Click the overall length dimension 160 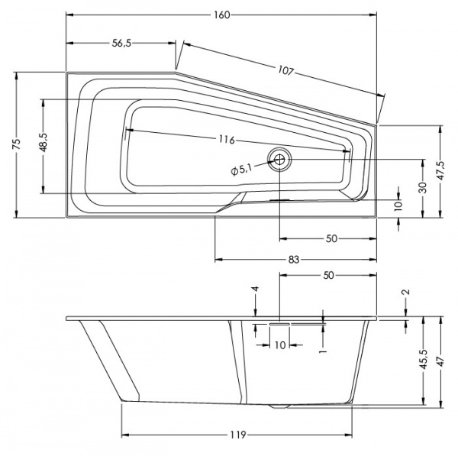click(222, 15)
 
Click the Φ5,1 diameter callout click(241, 170)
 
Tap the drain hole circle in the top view click(279, 159)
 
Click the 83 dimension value click(294, 259)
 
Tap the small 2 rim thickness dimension click(406, 293)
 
